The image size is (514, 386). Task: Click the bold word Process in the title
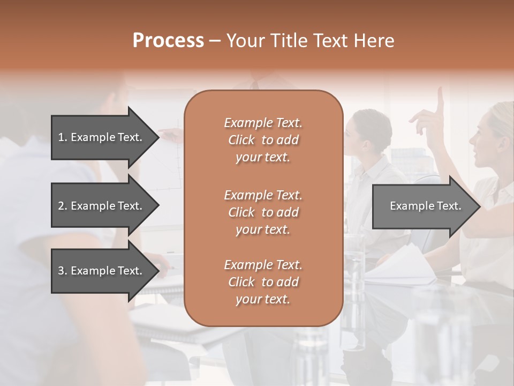coord(168,40)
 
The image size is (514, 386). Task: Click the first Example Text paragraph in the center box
coord(263,140)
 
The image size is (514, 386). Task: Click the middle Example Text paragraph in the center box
coord(263,212)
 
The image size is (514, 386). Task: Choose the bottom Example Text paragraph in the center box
coord(263,282)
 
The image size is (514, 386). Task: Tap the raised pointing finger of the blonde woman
coord(440,99)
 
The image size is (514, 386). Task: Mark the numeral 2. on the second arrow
coord(62,206)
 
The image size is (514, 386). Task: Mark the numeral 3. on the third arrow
coord(62,271)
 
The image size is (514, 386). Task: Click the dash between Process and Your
coord(215,41)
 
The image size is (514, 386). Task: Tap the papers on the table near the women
coord(407,265)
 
